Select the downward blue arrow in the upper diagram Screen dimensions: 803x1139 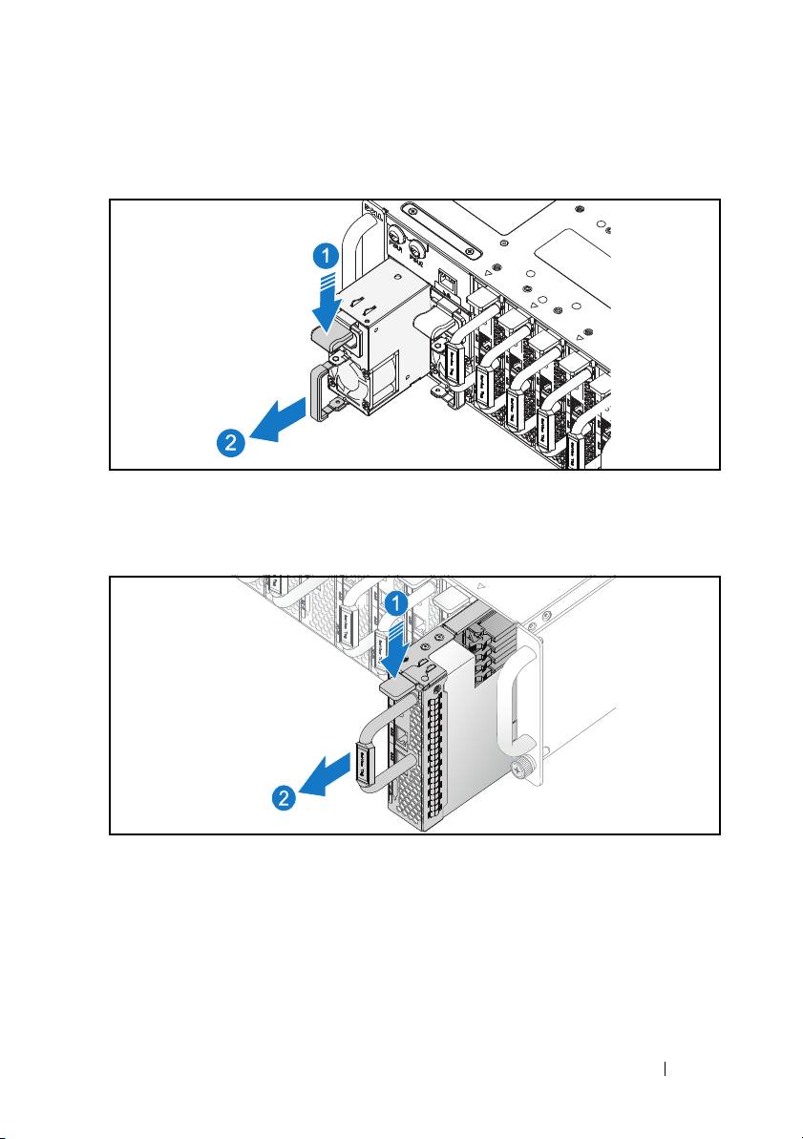[x=328, y=299]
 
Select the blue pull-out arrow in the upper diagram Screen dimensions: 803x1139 [x=280, y=419]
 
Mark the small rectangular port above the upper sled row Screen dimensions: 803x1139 [x=446, y=281]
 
